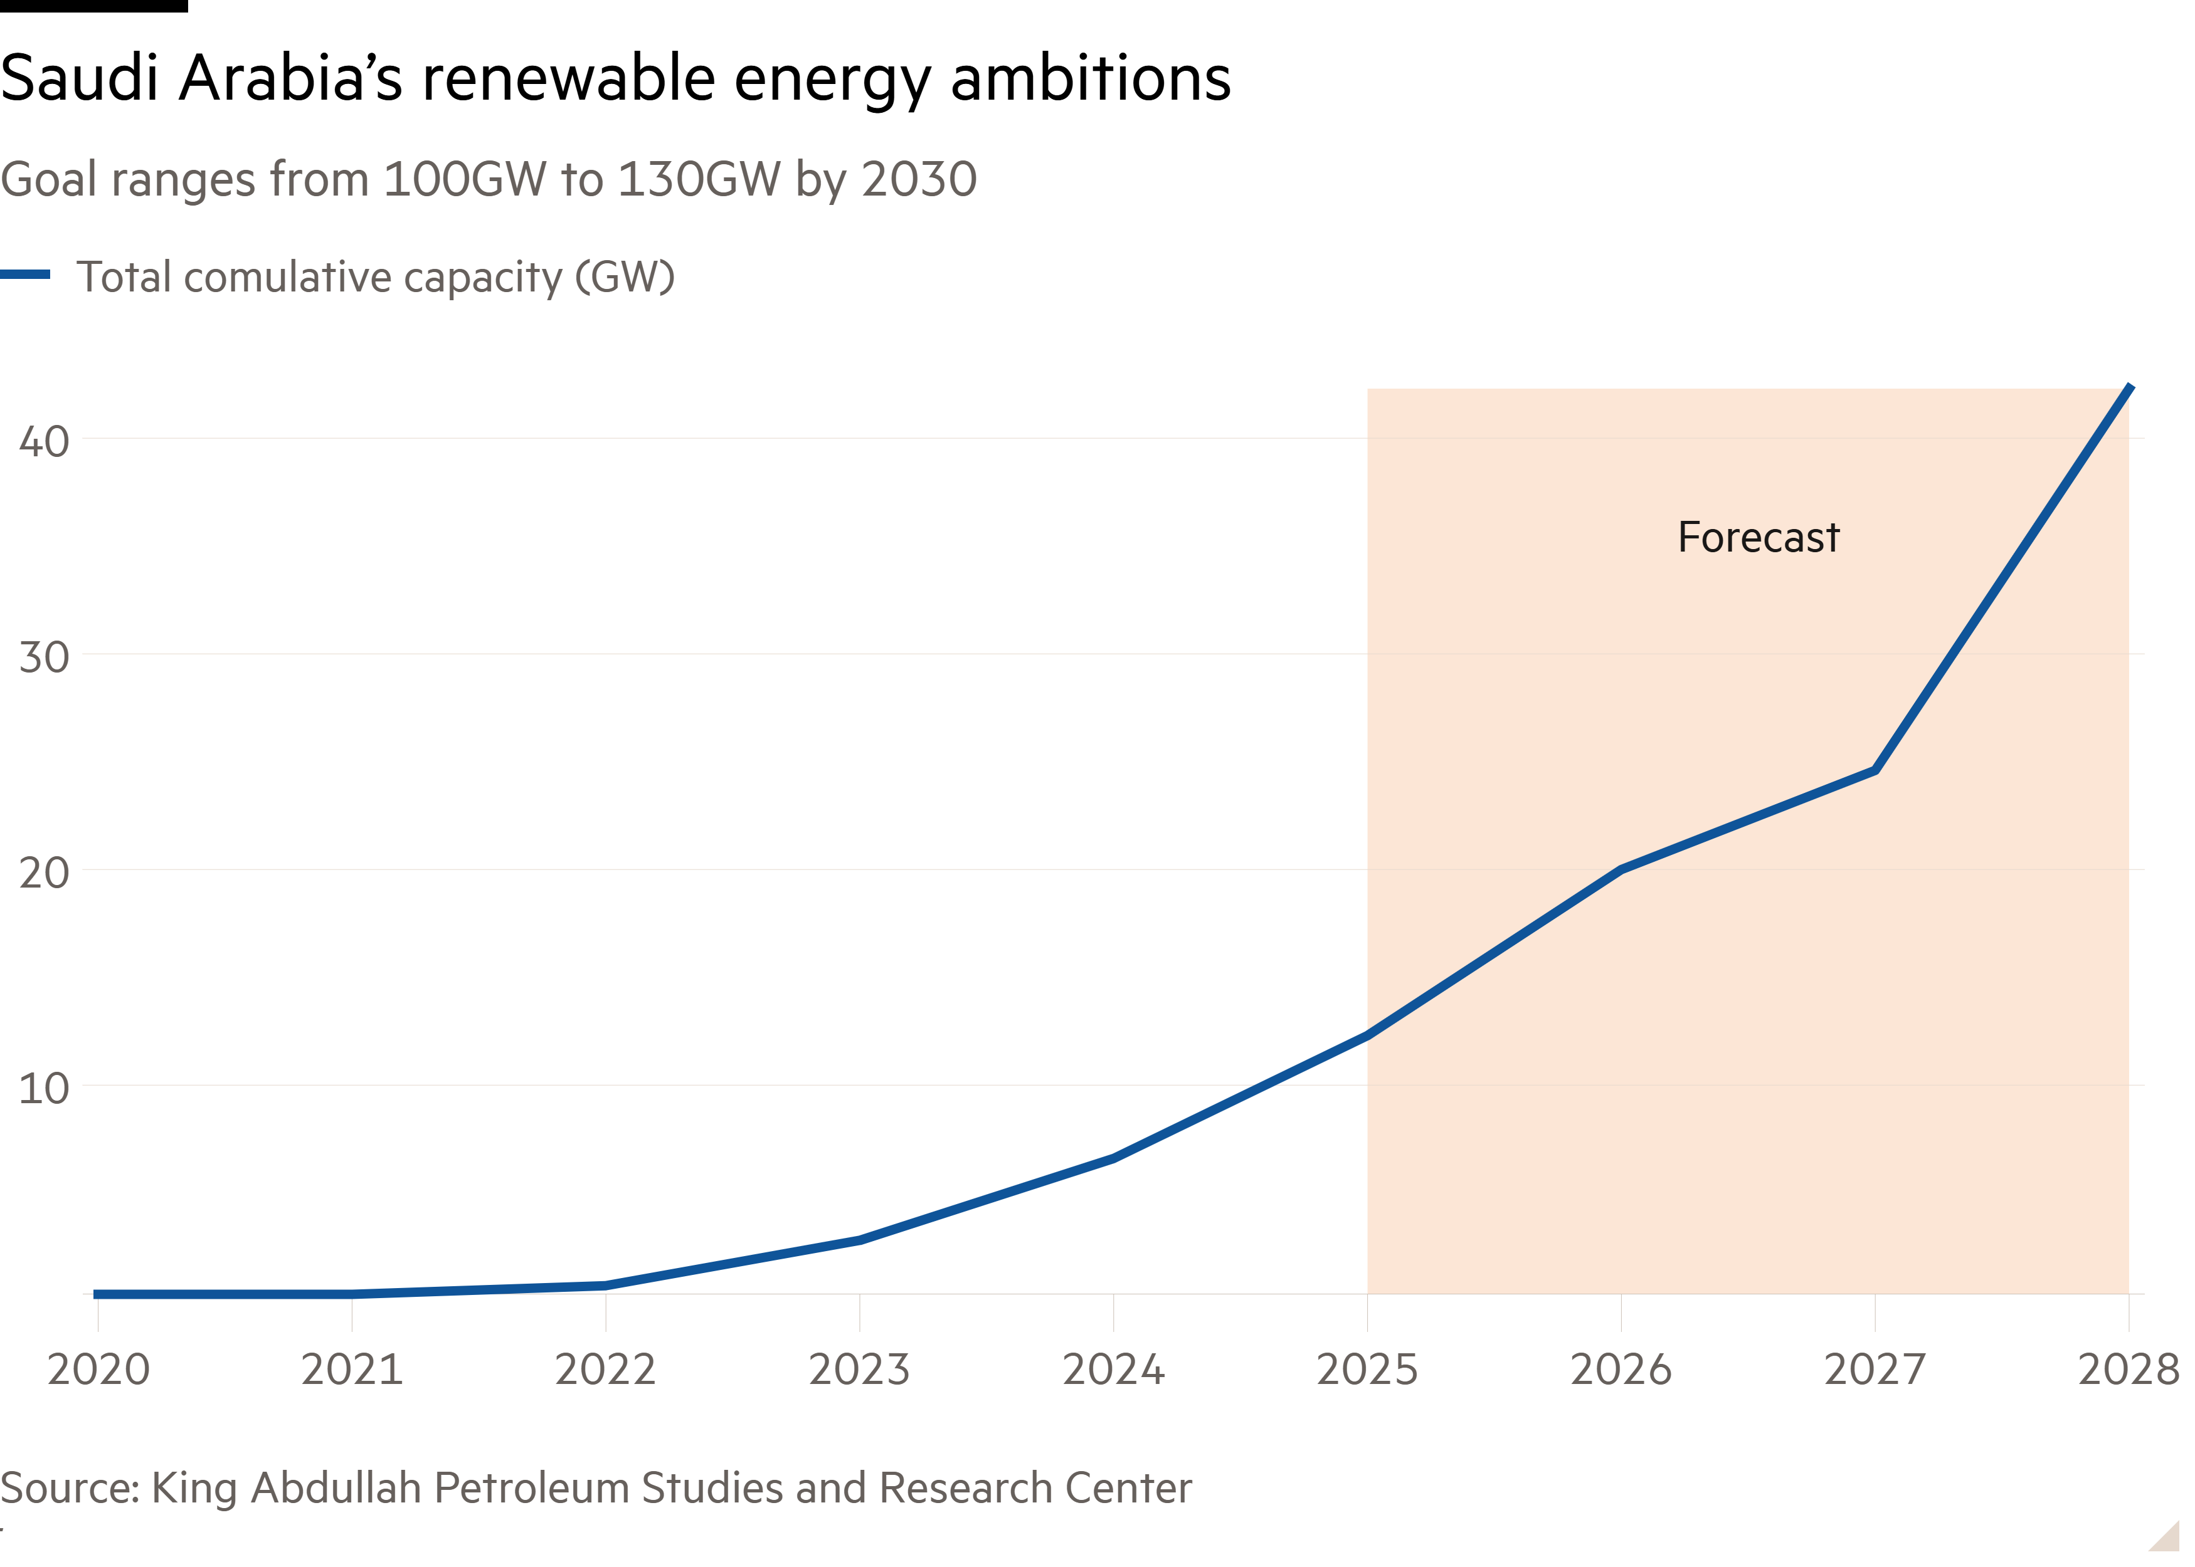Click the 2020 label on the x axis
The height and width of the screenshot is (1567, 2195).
(98, 1369)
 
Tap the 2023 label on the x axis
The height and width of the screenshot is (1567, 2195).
(859, 1369)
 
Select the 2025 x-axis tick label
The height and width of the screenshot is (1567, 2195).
(1367, 1369)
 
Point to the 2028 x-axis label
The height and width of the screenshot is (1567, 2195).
(2127, 1369)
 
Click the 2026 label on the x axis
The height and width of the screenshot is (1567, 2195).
(1621, 1369)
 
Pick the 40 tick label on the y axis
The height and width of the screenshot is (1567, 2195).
(45, 442)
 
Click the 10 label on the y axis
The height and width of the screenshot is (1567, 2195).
(45, 1088)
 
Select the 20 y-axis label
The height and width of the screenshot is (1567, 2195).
(45, 873)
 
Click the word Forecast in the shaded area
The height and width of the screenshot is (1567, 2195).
(1758, 537)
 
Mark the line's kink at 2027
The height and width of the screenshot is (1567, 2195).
(1875, 770)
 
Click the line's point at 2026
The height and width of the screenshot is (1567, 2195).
(1621, 869)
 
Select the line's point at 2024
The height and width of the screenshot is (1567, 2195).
(1113, 1158)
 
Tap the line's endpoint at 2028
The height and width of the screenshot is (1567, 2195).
(2129, 387)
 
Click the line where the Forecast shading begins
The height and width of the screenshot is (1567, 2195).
(1367, 1035)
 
